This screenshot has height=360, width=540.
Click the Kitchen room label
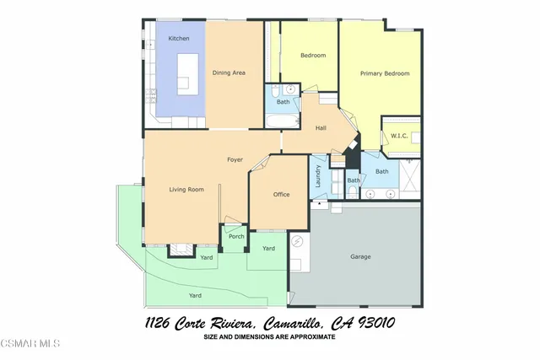coord(179,39)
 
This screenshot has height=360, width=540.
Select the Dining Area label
coord(229,73)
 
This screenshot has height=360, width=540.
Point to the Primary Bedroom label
coord(385,73)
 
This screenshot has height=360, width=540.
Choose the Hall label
coord(321,128)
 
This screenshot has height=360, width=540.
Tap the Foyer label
coord(235,159)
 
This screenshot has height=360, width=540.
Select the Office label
coord(281,195)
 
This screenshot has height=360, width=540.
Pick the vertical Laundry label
coord(318,175)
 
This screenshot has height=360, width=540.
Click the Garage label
coord(361,256)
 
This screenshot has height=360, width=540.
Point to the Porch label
coord(236,236)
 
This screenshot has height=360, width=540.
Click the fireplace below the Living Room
coord(181,249)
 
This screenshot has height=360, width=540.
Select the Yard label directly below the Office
coord(268,248)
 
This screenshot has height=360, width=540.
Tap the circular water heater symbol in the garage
coord(296,243)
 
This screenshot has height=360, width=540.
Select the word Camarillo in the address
coord(277,323)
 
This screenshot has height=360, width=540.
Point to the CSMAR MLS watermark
coord(30,344)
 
